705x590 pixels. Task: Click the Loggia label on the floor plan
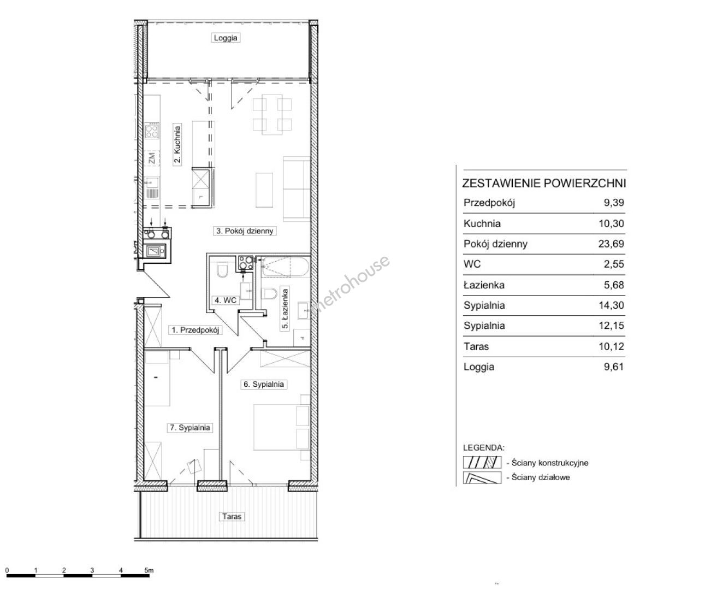[226, 38]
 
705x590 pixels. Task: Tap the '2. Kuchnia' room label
[177, 144]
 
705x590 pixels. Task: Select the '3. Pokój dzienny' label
[245, 231]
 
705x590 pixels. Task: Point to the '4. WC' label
[226, 300]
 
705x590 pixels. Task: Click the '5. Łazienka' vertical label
[285, 309]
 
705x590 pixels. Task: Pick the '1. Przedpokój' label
[195, 330]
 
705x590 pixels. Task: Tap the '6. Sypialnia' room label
[264, 385]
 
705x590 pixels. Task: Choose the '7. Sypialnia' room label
[189, 428]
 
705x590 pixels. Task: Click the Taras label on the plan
[232, 516]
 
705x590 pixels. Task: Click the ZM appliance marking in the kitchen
[152, 158]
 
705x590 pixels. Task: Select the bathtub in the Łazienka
[285, 267]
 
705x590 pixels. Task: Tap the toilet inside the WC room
[222, 269]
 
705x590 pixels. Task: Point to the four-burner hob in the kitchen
[152, 131]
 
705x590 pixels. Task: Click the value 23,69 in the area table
[611, 244]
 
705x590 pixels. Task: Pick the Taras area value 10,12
[611, 346]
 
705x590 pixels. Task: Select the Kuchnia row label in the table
[482, 223]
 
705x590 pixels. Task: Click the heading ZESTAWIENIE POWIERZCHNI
[544, 184]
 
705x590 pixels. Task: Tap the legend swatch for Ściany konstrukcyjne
[482, 463]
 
